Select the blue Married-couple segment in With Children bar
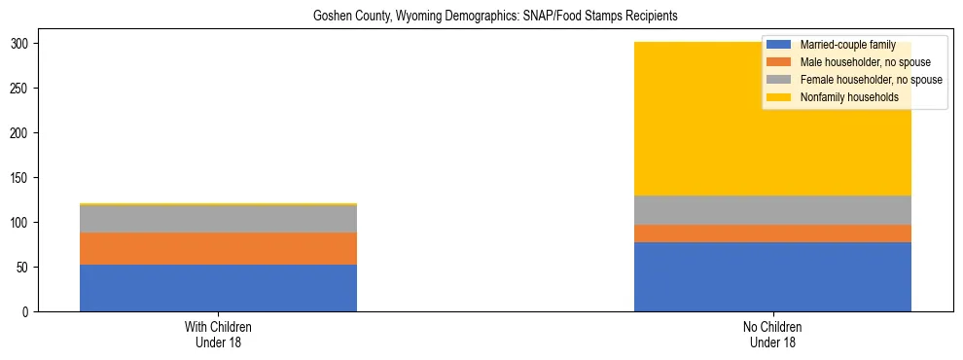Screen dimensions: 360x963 point(218,288)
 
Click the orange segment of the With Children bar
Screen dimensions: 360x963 point(218,248)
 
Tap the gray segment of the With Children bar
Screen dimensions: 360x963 point(218,219)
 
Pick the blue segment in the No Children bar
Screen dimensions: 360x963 point(772,276)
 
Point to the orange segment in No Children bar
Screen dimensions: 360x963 point(772,234)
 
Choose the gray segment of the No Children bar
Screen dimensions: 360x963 point(772,210)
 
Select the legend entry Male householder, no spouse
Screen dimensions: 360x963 point(852,62)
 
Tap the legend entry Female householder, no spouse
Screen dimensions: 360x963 point(856,80)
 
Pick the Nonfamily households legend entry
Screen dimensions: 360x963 point(842,97)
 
